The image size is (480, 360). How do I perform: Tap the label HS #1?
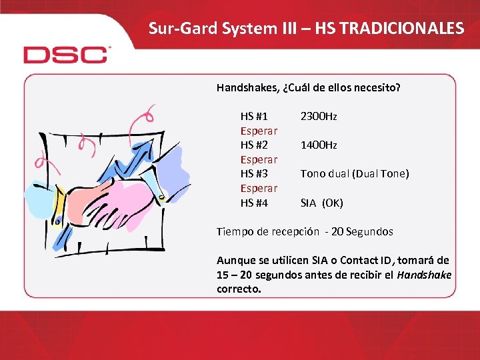(254, 117)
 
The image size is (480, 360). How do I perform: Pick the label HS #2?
(254, 145)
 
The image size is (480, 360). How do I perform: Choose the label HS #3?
(254, 174)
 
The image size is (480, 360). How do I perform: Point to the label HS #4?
(254, 203)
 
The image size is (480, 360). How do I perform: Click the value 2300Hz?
(319, 117)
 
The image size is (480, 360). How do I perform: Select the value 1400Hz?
(319, 145)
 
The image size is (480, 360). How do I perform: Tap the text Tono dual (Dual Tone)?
(354, 174)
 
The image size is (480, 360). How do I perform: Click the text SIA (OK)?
(321, 203)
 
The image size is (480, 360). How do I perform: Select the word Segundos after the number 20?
(369, 232)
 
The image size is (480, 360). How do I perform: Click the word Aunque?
(235, 261)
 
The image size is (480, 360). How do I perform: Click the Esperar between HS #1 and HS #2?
(259, 131)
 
